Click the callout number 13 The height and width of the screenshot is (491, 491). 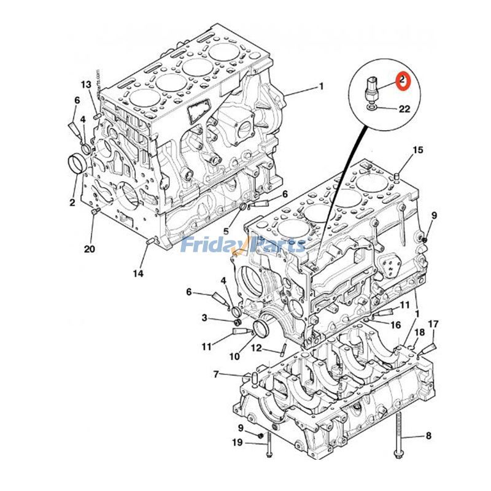pos(85,84)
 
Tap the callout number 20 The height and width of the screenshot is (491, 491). pos(90,249)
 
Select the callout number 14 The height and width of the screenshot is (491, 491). pos(139,273)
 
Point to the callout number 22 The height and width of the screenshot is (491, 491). pos(404,109)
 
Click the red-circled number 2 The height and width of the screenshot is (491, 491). pos(403,80)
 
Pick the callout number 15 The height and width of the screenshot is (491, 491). pos(417,150)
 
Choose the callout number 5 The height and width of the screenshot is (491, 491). pos(226,231)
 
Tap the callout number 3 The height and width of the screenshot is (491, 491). pos(204,317)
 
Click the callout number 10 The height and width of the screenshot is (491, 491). pos(234,357)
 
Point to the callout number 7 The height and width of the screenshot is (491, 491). pos(216,374)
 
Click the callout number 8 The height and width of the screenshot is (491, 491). pos(428,436)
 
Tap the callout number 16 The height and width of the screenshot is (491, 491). pos(396,325)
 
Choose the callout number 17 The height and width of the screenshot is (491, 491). pos(433,323)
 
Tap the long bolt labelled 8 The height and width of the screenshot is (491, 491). pos(400,436)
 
